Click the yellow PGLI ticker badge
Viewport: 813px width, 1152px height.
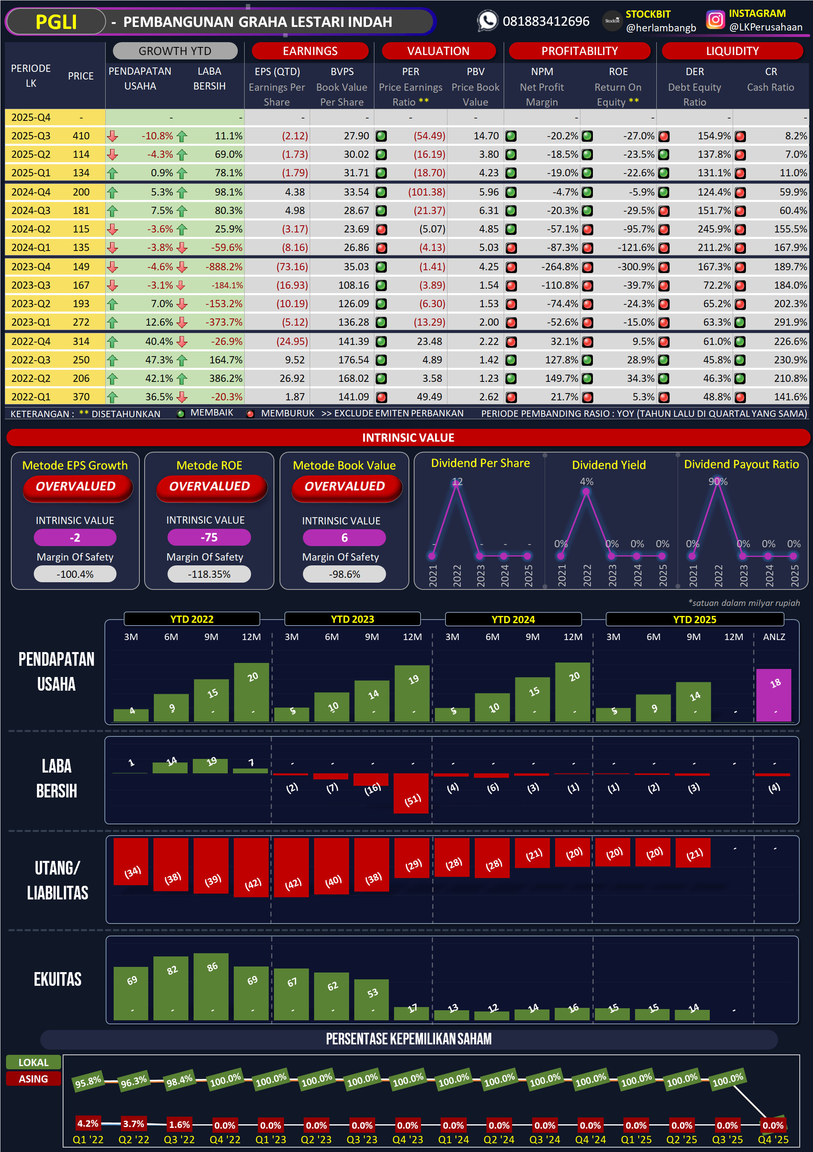coord(56,22)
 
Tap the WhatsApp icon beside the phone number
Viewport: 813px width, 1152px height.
coord(487,21)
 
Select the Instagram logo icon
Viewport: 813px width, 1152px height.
coord(715,20)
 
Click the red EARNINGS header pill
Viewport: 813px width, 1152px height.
coord(310,51)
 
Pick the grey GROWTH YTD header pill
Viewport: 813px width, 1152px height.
coord(175,51)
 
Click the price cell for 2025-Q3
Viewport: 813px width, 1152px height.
coord(81,136)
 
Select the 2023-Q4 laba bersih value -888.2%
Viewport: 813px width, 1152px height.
coord(223,267)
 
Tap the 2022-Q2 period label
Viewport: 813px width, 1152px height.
coord(31,378)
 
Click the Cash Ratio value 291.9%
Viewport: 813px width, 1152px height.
coord(790,322)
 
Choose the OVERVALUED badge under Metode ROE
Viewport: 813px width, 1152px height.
coord(209,487)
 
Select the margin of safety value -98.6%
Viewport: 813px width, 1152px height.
coord(344,575)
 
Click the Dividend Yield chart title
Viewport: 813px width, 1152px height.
coord(609,465)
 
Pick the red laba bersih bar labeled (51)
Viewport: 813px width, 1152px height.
coord(411,793)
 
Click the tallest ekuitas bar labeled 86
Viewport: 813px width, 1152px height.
coord(211,986)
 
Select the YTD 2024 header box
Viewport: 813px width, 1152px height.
coord(513,619)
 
